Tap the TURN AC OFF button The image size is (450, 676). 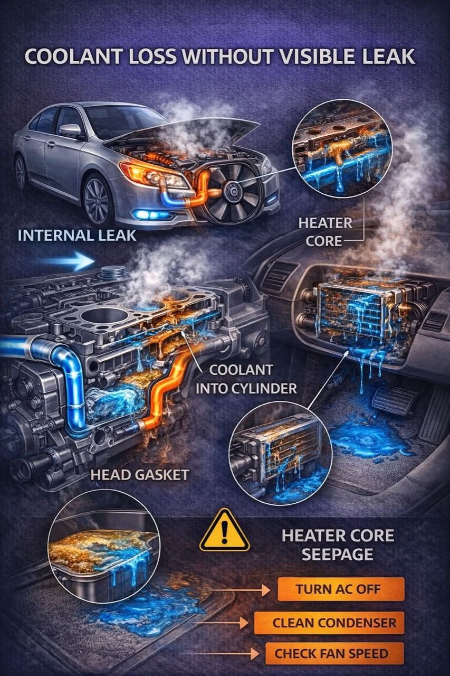click(341, 589)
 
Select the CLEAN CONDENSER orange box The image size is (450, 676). click(329, 623)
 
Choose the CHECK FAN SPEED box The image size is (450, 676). click(334, 653)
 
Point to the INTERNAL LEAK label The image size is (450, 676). click(77, 236)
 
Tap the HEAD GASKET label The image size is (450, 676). click(140, 475)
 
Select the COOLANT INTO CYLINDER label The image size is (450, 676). click(246, 379)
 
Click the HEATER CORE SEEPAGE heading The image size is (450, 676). click(338, 545)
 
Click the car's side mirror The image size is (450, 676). click(70, 130)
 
